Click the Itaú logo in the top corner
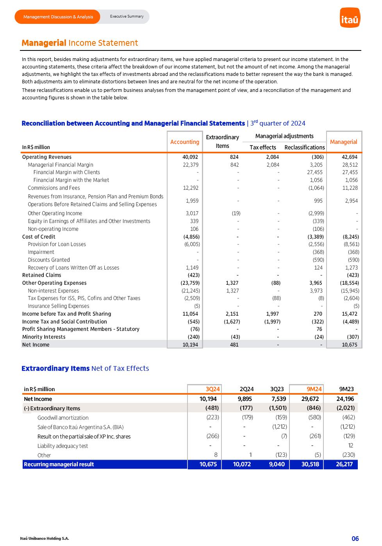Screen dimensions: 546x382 350,18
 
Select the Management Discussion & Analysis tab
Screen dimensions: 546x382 58,17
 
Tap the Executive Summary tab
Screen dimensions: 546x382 127,16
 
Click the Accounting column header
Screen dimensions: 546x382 185,142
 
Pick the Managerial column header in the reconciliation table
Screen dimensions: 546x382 343,142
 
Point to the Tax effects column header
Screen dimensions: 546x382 263,147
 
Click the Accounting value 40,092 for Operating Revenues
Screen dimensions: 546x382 190,157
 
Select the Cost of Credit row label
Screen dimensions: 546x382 39,237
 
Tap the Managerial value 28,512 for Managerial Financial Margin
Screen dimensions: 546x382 350,165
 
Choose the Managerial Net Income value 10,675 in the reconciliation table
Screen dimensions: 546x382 350,345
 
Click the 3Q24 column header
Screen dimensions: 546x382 213,389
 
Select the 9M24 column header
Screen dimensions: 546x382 314,389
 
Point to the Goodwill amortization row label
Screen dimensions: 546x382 63,418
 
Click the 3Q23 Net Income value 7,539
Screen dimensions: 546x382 278,399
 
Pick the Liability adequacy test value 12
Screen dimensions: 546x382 351,445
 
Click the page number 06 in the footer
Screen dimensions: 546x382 355,539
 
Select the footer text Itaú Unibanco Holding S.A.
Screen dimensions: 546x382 45,539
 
